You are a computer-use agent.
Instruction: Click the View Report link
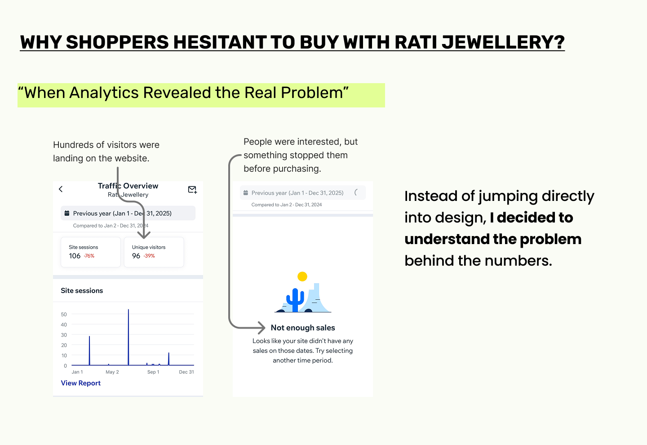80,383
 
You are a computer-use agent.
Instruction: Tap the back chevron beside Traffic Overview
61,189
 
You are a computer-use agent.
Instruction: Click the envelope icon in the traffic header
192,190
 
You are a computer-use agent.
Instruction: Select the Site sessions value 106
75,256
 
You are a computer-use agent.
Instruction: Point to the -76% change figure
89,256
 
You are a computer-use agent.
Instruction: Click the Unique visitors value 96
136,256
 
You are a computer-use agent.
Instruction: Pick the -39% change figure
149,256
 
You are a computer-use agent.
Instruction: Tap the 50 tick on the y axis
64,314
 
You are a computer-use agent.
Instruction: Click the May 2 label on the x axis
112,372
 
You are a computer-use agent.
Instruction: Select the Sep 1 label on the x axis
153,372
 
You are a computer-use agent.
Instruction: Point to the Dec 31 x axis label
186,372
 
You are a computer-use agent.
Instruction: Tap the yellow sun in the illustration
302,276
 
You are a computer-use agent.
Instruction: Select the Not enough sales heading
303,328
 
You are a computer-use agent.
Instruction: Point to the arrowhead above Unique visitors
144,235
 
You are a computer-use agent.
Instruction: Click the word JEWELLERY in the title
503,42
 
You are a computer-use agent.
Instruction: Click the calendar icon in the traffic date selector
66,213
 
